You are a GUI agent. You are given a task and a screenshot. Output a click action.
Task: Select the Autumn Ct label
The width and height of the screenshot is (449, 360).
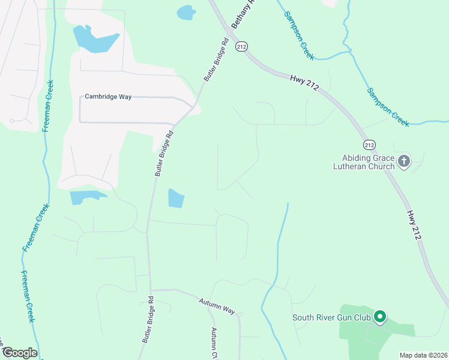click(x=214, y=340)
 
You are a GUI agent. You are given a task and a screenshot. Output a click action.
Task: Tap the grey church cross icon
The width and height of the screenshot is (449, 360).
click(x=404, y=161)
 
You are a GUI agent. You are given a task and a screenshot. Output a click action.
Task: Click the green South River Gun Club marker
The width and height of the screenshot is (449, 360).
click(x=379, y=316)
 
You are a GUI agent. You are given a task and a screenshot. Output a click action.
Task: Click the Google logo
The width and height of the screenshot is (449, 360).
click(x=20, y=352)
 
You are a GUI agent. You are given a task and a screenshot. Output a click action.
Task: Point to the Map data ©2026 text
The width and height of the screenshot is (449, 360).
click(x=423, y=355)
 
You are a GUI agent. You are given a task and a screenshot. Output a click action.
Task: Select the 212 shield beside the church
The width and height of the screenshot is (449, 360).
click(x=369, y=145)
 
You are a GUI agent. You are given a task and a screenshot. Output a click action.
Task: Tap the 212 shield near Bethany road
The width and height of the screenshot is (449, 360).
click(x=241, y=47)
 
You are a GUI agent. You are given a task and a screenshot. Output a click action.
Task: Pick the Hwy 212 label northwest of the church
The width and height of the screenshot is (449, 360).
click(x=304, y=82)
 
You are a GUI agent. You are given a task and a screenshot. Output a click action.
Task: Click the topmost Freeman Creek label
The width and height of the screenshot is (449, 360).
click(x=48, y=106)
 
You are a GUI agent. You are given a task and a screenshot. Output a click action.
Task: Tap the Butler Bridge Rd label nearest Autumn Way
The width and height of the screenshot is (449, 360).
click(x=148, y=319)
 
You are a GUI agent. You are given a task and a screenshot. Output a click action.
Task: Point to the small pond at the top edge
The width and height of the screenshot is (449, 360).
click(x=187, y=12)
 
